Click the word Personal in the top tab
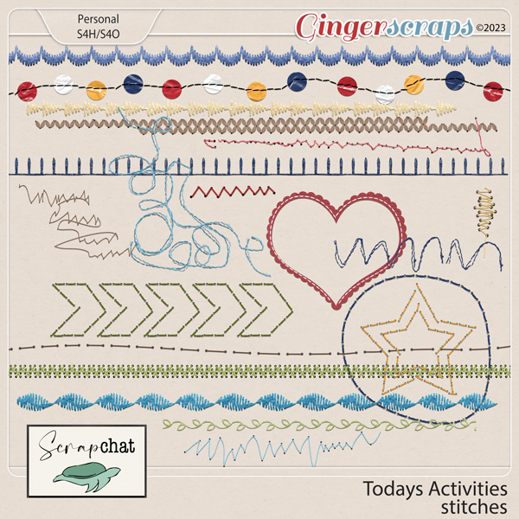(99, 19)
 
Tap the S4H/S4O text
(99, 34)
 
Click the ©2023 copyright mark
(490, 28)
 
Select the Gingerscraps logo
(384, 27)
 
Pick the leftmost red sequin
(27, 91)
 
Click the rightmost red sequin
(493, 92)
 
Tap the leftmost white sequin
(63, 85)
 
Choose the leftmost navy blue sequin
(133, 84)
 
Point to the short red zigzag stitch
(233, 192)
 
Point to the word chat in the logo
(117, 446)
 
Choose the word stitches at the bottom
(474, 507)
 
